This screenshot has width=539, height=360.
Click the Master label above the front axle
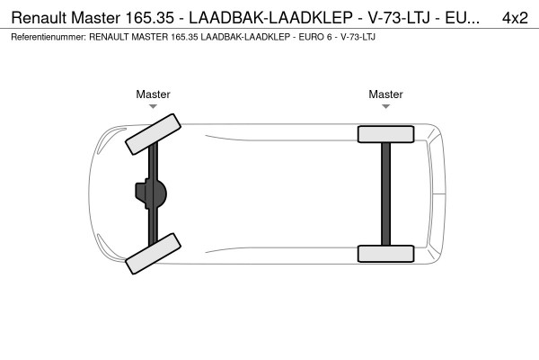[153, 94]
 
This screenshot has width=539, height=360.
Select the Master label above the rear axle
[385, 94]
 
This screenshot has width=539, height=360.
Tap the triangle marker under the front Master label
[153, 106]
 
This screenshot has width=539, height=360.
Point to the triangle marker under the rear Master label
[385, 106]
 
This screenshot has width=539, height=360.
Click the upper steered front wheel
[152, 132]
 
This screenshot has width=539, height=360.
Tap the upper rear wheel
[385, 134]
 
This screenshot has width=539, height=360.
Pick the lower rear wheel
[385, 253]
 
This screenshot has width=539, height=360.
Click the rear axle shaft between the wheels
[385, 193]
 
